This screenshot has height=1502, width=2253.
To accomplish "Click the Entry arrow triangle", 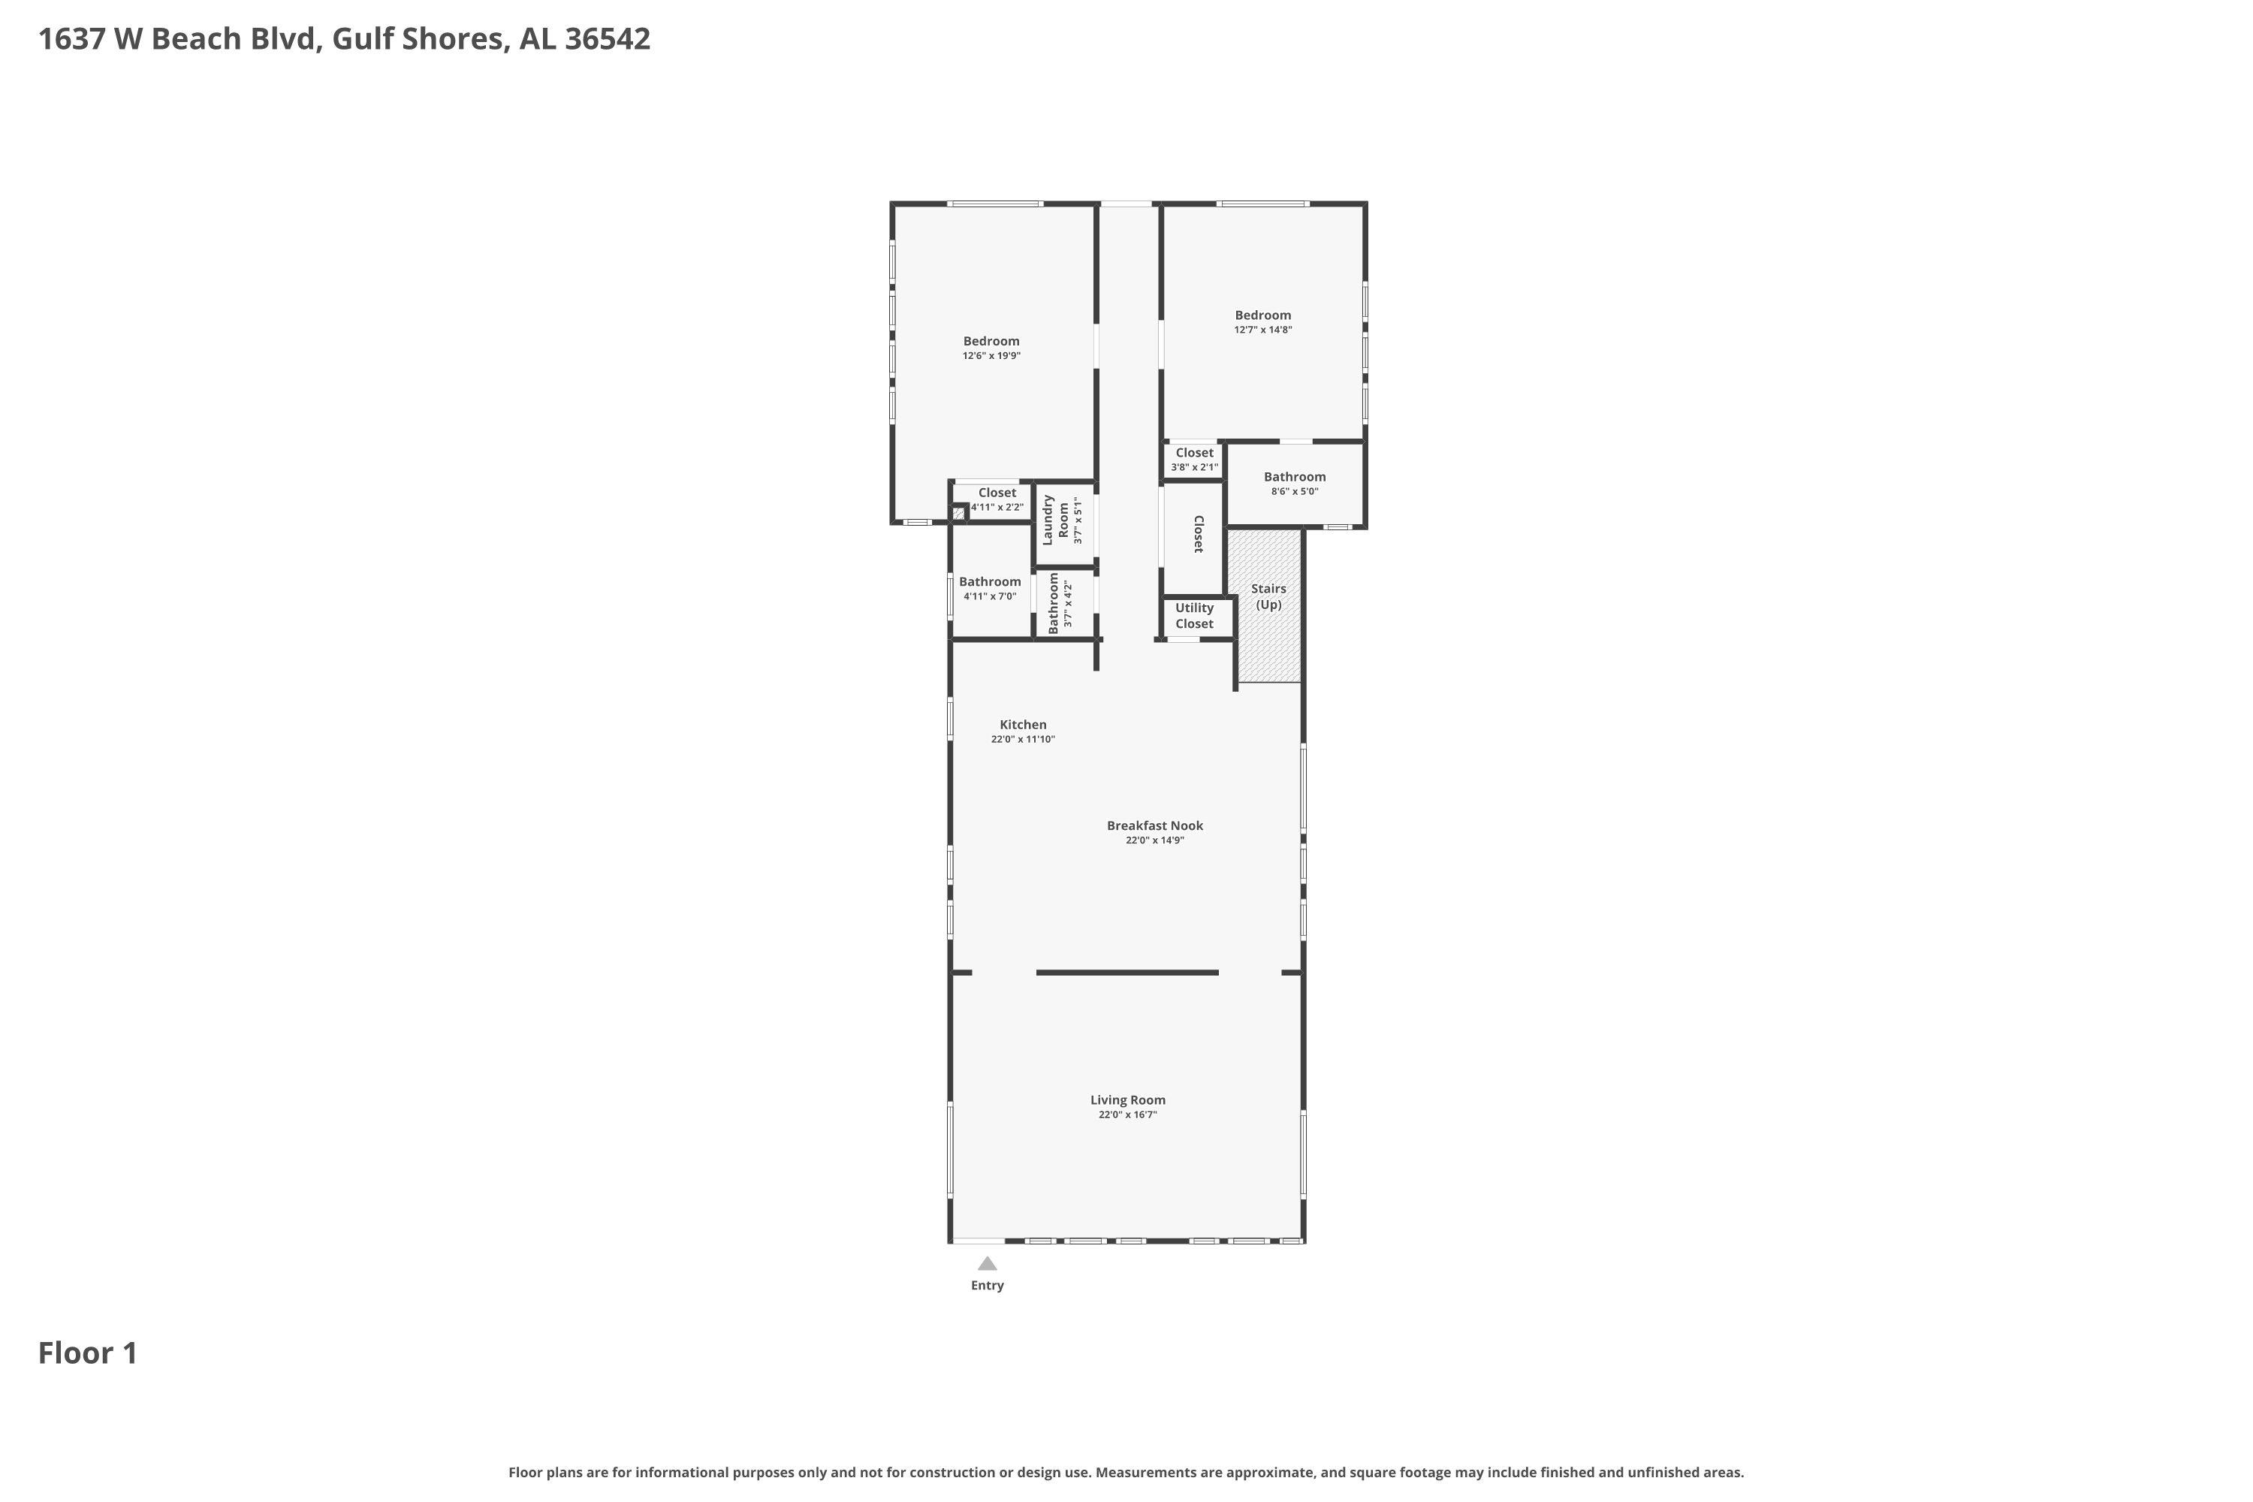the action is (x=987, y=1263).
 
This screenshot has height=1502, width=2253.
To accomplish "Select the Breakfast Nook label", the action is (x=1154, y=825).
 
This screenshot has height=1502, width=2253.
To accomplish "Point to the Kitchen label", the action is (x=1023, y=725).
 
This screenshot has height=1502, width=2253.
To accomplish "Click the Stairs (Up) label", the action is (x=1268, y=597).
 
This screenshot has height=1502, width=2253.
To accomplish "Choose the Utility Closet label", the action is (x=1195, y=616).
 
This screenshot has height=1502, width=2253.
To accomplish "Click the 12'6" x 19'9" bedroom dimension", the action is (x=991, y=356).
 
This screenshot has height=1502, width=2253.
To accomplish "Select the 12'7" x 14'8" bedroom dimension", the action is (x=1262, y=330).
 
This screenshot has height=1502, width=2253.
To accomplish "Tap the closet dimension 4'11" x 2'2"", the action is (x=997, y=508).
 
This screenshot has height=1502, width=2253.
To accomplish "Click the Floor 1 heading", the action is (x=88, y=1353).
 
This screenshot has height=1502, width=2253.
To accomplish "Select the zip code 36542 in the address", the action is (x=608, y=39).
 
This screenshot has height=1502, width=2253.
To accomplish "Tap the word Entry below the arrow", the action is (x=987, y=1286).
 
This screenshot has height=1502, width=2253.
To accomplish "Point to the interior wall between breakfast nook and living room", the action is (x=1126, y=973).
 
